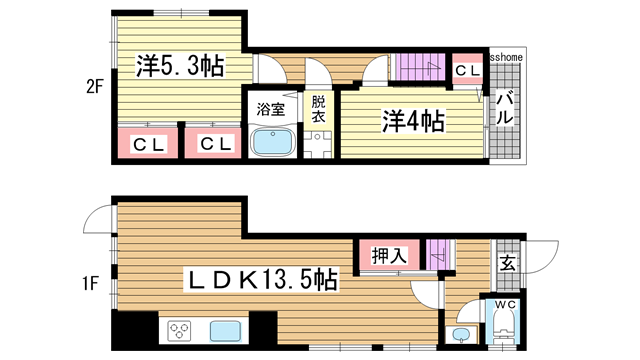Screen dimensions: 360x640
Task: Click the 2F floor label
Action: [x=94, y=86]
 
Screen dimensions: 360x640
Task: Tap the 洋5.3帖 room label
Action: [x=179, y=65]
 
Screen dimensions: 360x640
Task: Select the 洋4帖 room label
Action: [x=411, y=121]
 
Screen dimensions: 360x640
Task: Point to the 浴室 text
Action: [x=270, y=108]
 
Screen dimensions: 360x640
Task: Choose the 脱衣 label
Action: [x=318, y=109]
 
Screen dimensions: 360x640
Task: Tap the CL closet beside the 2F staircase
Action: [x=467, y=70]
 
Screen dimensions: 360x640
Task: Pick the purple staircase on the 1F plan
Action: [x=438, y=255]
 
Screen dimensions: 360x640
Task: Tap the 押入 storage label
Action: [x=390, y=256]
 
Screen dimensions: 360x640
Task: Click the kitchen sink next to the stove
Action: [x=225, y=330]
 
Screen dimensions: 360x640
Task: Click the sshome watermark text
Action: [x=505, y=57]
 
